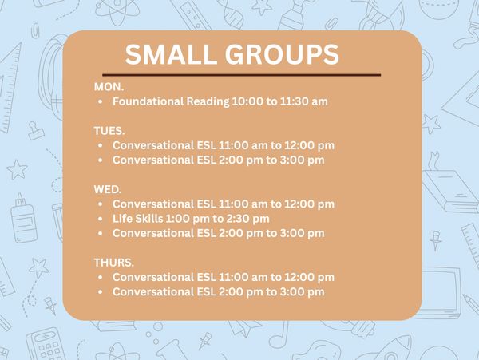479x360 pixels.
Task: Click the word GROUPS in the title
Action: point(282,54)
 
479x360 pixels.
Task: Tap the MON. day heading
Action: point(109,87)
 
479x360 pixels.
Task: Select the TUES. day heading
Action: point(109,131)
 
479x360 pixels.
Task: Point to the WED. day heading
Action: point(108,189)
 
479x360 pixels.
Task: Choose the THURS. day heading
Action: point(114,263)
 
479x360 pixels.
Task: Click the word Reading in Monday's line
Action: point(208,102)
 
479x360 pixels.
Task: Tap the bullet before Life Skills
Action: point(101,219)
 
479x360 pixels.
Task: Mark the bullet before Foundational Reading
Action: point(101,101)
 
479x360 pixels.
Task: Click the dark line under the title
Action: point(241,74)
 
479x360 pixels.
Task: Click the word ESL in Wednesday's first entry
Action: point(207,204)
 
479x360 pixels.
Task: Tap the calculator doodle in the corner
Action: point(46,344)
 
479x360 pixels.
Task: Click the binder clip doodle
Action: point(36,131)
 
